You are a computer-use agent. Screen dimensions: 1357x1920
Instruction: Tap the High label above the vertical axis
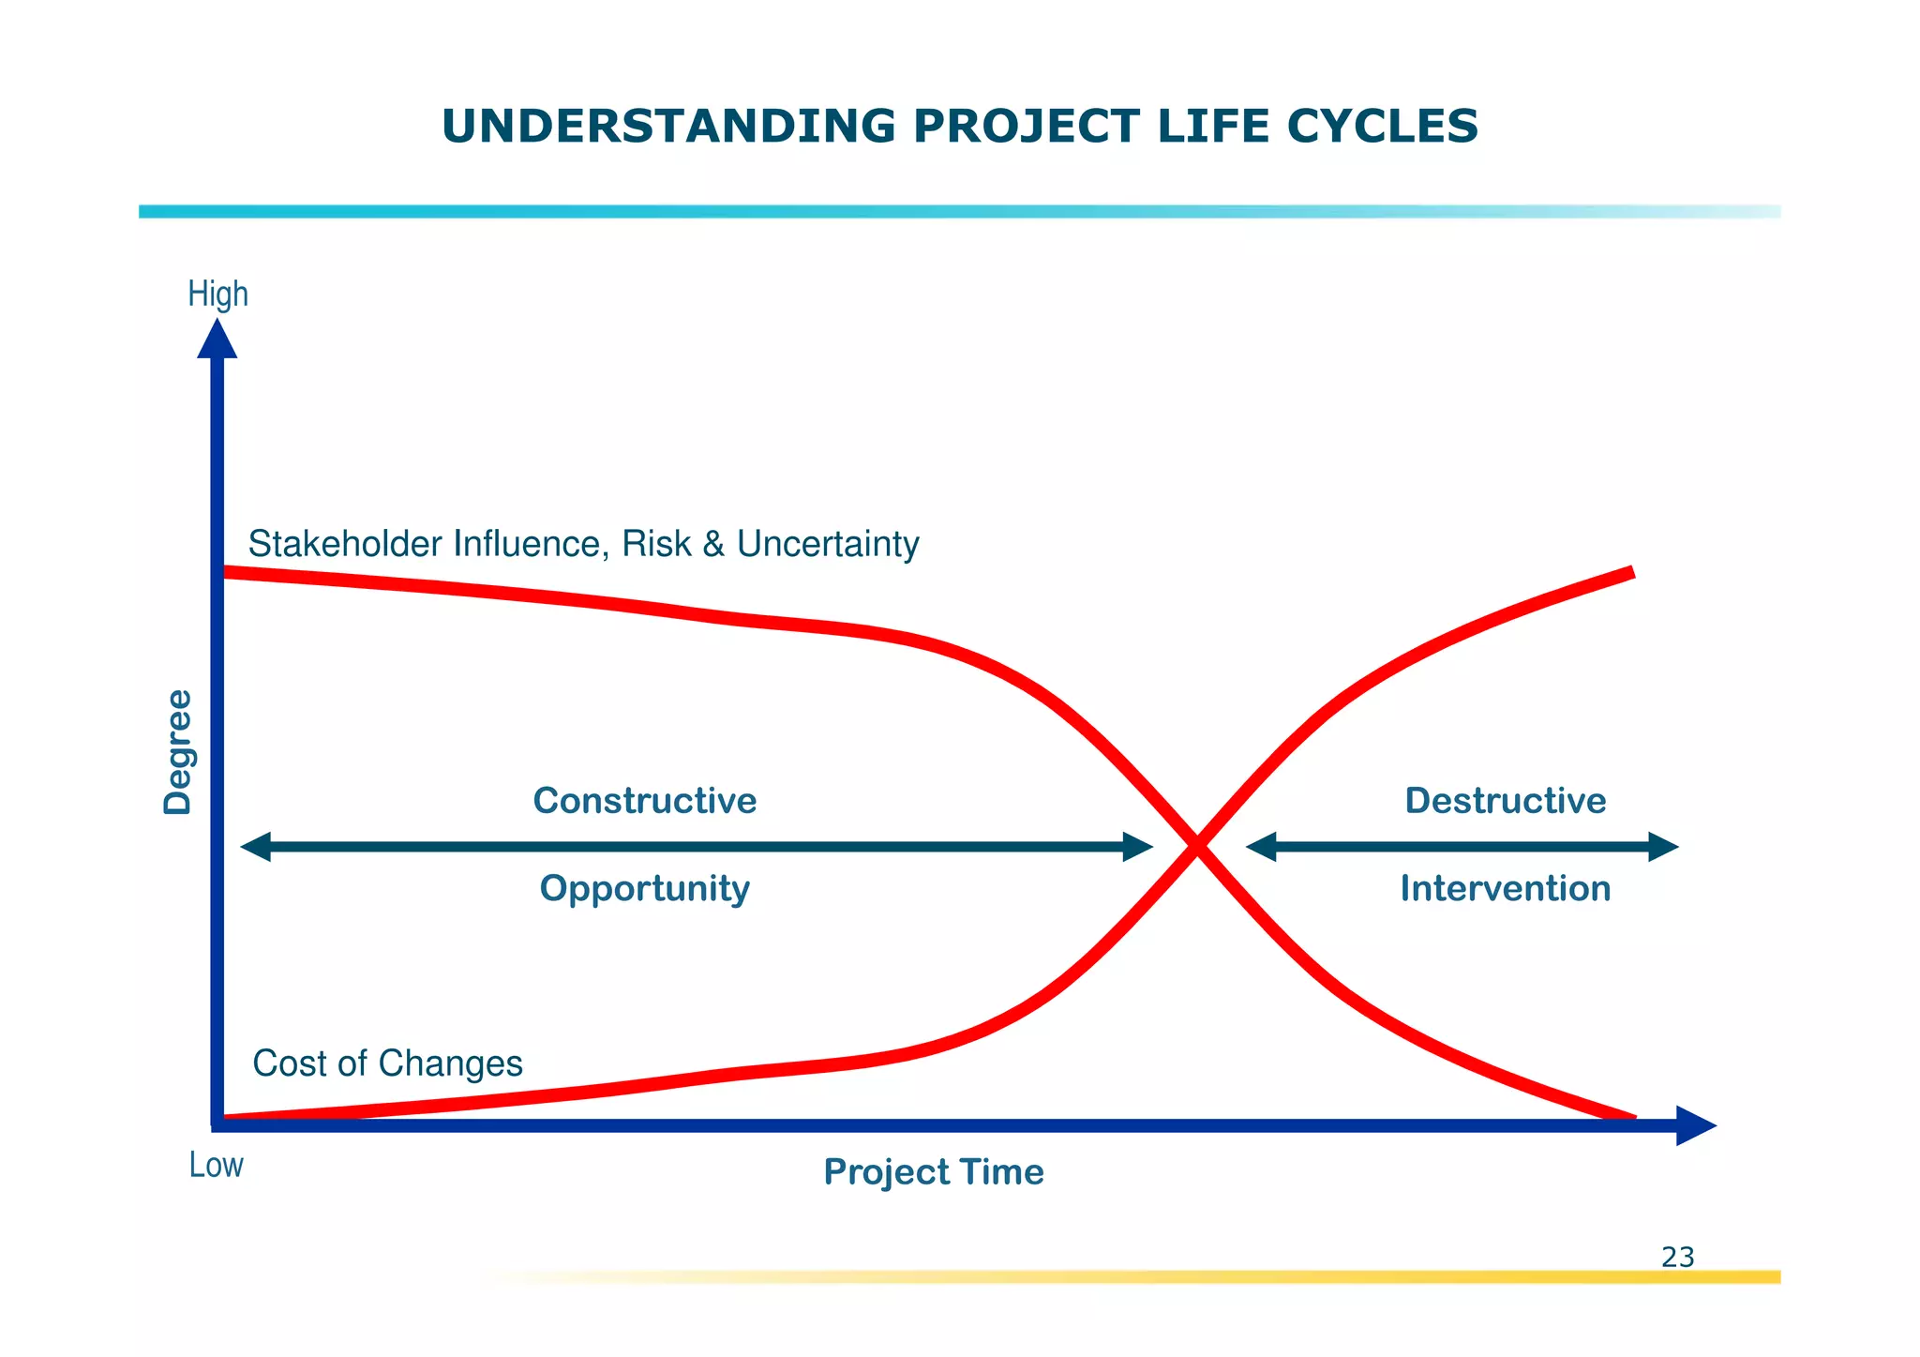[x=217, y=294]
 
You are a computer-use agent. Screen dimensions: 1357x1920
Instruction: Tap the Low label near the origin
[x=216, y=1165]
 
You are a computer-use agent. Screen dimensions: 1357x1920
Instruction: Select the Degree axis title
[x=177, y=752]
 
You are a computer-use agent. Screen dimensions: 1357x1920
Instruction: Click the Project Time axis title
[x=933, y=1172]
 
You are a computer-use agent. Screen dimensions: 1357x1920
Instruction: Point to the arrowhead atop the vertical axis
[x=217, y=339]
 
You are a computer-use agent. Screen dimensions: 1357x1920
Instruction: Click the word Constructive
[x=644, y=801]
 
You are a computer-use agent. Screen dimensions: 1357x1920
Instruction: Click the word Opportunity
[x=644, y=888]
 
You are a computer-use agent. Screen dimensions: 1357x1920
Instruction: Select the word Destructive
[x=1505, y=801]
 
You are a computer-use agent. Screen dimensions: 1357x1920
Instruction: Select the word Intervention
[x=1505, y=888]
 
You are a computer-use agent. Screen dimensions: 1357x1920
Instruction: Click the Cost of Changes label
[x=387, y=1063]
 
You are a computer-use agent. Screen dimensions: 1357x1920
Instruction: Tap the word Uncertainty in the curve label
[x=827, y=544]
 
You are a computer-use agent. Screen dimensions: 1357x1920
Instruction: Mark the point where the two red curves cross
[x=1196, y=847]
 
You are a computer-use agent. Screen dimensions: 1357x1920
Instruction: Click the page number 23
[x=1677, y=1257]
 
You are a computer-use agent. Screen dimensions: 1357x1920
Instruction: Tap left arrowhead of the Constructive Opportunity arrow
[x=255, y=847]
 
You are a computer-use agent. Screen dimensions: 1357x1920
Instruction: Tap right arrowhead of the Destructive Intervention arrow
[x=1663, y=847]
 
